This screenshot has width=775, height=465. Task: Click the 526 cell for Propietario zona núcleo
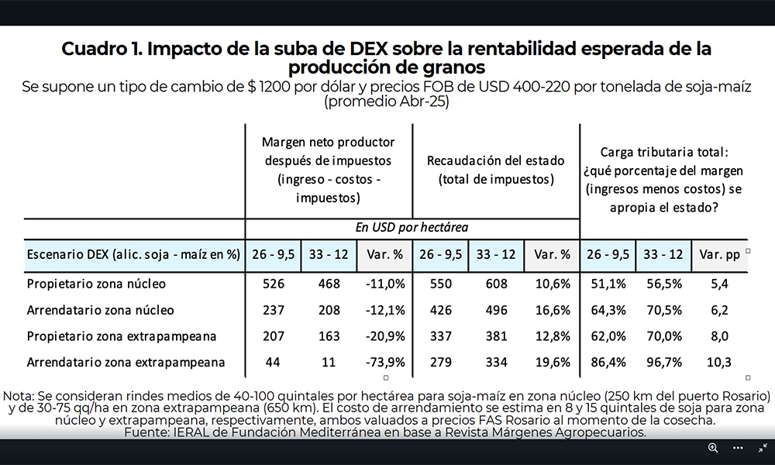(274, 284)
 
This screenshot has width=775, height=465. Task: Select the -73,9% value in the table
(384, 362)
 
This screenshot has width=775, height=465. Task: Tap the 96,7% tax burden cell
(663, 362)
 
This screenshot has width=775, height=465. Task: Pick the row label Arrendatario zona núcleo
(100, 310)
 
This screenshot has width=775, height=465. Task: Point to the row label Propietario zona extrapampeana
(122, 336)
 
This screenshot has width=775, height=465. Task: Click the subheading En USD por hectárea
(412, 227)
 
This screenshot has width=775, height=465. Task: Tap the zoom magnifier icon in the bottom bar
(713, 448)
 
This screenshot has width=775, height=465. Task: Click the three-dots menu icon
(738, 448)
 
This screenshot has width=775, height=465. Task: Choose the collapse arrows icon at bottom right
(763, 448)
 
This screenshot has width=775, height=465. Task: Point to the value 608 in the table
(496, 284)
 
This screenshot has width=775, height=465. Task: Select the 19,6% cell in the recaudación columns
(552, 362)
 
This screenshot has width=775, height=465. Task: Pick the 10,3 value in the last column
(720, 362)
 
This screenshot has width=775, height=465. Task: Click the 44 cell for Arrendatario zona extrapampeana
(274, 362)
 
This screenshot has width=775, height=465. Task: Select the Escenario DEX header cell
(133, 254)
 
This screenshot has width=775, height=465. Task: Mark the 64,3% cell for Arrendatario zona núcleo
(606, 310)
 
